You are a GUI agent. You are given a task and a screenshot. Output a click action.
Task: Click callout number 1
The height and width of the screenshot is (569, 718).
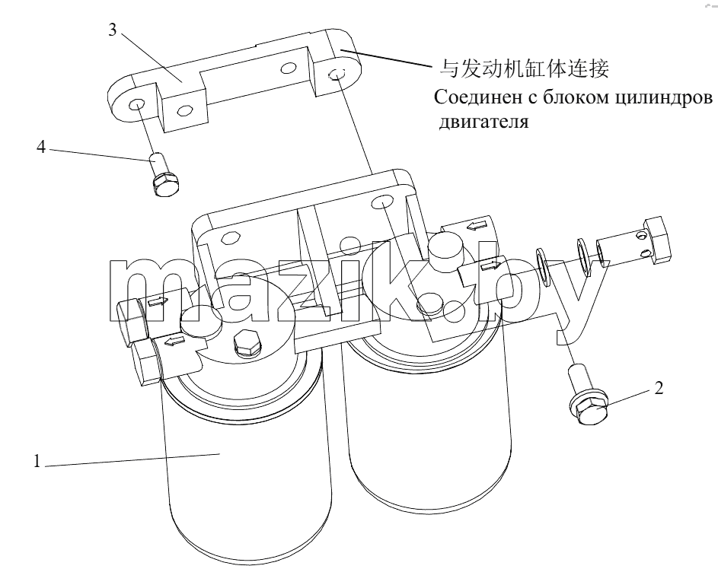click(37, 461)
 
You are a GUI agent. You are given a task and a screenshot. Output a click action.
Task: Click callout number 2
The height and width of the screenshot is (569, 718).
click(659, 388)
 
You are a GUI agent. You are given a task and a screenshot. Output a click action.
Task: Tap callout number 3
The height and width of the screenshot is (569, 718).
click(112, 30)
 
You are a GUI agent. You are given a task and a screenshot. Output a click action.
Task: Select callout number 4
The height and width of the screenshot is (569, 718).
click(41, 148)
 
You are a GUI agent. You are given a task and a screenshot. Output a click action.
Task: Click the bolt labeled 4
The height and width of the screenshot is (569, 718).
click(162, 175)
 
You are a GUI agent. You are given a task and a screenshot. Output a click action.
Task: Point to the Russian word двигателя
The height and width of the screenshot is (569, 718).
click(484, 122)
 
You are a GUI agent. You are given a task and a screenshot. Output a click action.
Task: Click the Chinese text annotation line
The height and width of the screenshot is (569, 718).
click(524, 68)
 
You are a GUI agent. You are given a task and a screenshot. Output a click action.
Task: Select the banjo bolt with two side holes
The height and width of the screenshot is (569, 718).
click(633, 243)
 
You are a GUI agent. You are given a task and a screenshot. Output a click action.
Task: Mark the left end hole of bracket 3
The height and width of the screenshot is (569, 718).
click(136, 104)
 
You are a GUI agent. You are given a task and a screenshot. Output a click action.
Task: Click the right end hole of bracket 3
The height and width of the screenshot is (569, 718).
click(337, 74)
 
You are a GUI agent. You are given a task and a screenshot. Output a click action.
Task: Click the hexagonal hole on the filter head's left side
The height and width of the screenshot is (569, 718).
click(229, 238)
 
